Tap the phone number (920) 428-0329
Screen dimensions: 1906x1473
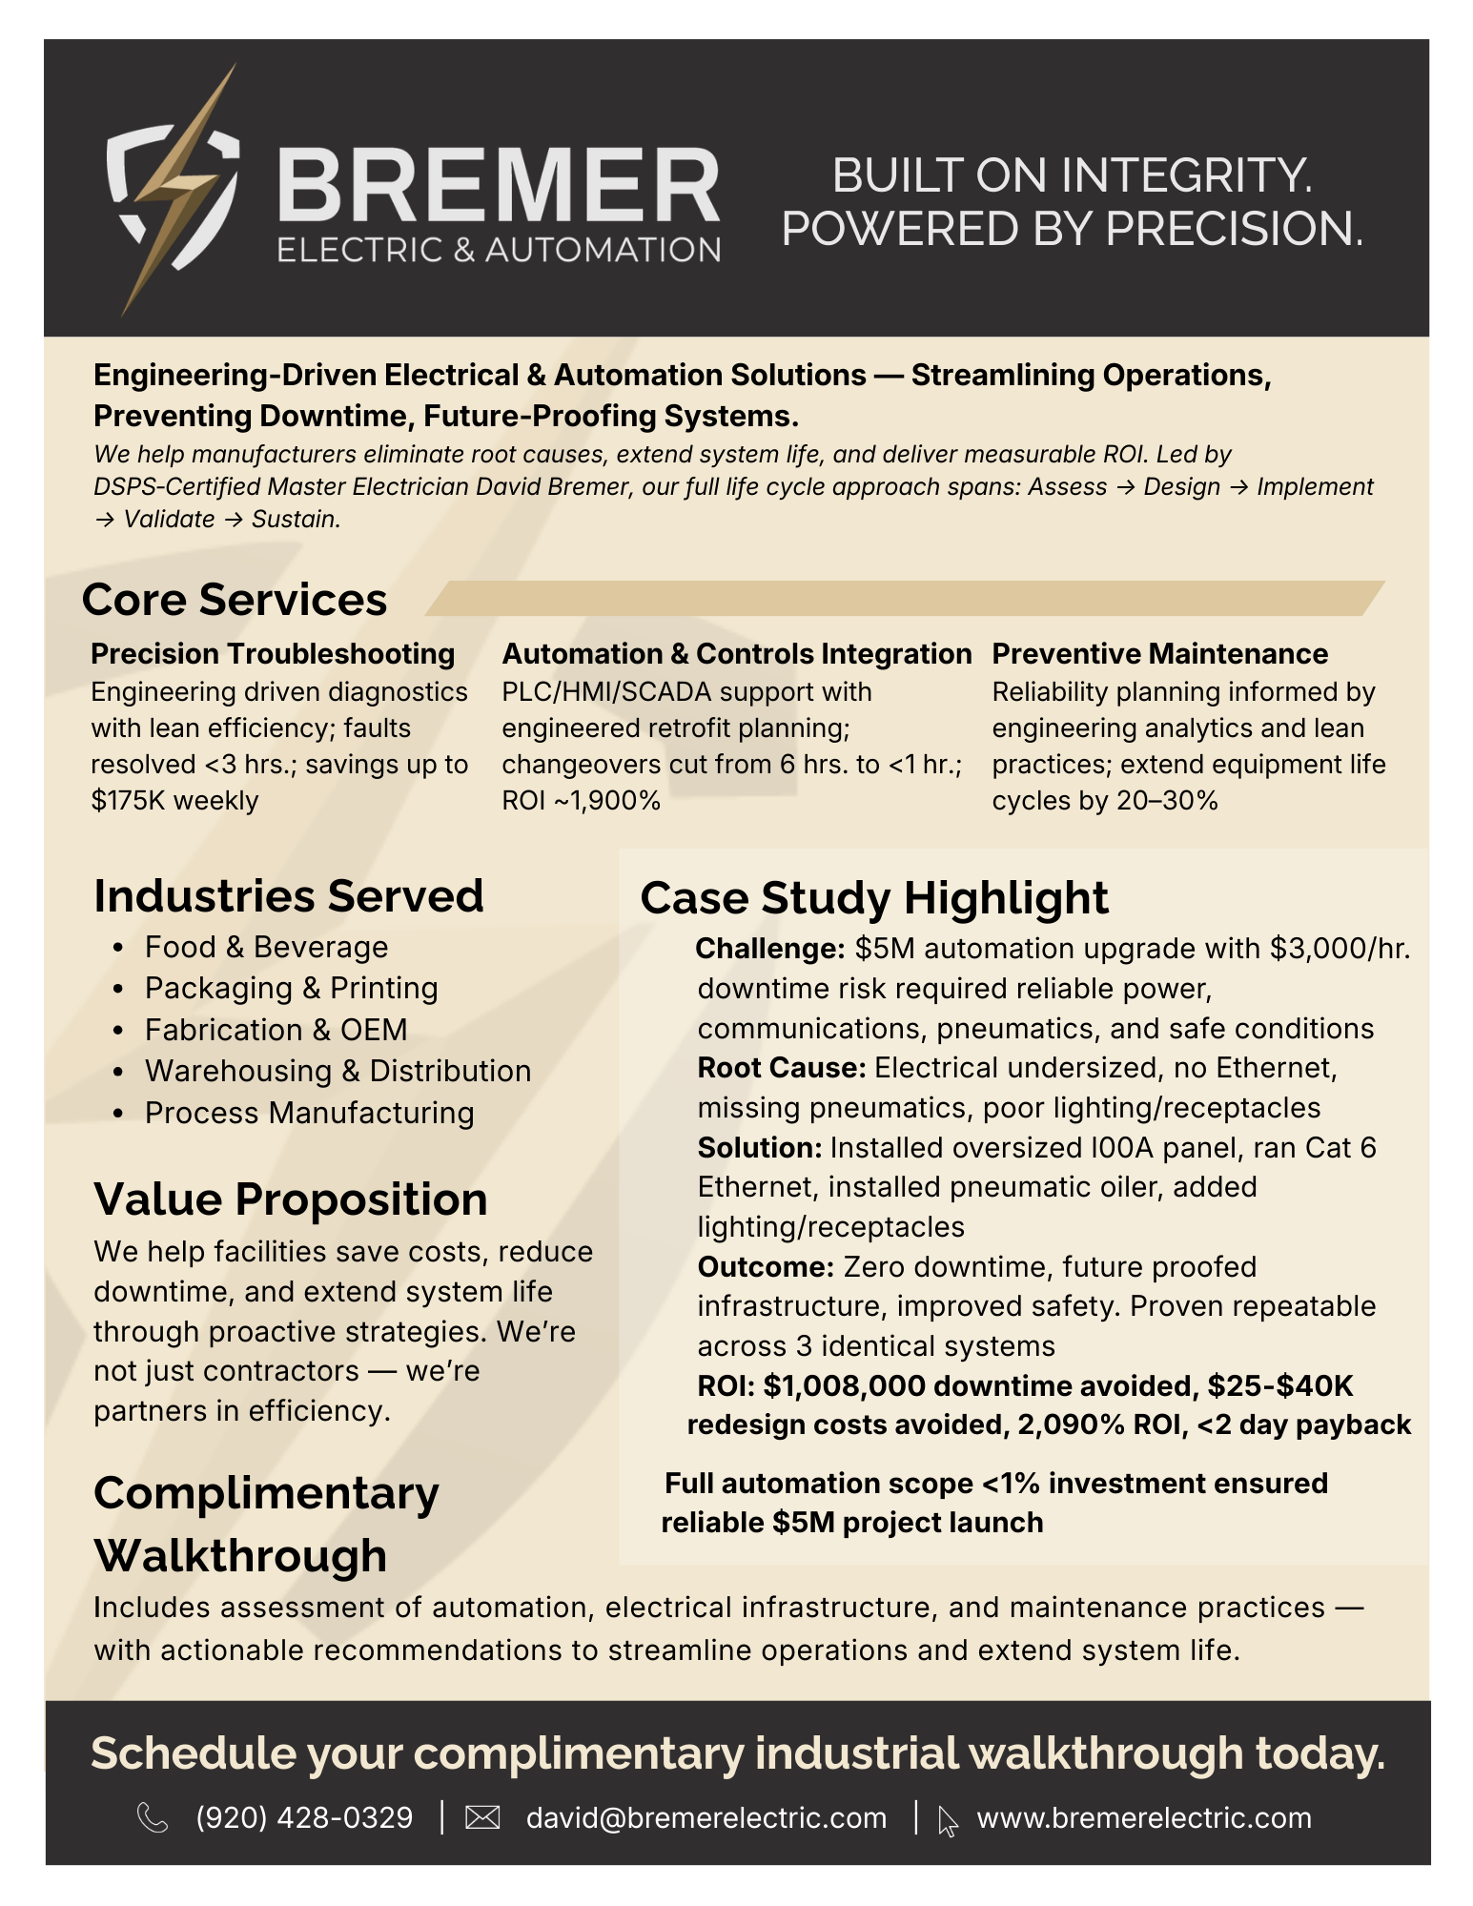(304, 1817)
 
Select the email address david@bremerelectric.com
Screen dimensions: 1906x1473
(706, 1817)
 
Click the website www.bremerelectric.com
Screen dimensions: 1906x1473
(1144, 1817)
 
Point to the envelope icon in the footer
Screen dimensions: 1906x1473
(482, 1818)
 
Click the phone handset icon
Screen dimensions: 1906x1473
(153, 1817)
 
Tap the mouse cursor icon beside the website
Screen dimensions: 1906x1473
(948, 1820)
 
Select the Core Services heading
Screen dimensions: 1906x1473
(235, 600)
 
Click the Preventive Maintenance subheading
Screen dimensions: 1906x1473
(1159, 654)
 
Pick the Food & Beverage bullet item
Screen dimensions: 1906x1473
(266, 947)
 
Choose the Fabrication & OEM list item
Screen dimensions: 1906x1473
(276, 1030)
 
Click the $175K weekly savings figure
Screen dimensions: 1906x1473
(174, 800)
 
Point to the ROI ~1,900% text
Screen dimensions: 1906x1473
(581, 800)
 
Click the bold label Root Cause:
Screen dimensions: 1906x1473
(781, 1068)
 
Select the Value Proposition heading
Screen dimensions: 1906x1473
(290, 1199)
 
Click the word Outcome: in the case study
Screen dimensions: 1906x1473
(766, 1266)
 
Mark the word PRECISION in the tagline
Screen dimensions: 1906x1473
(1234, 229)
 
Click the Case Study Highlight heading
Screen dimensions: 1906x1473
(873, 898)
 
